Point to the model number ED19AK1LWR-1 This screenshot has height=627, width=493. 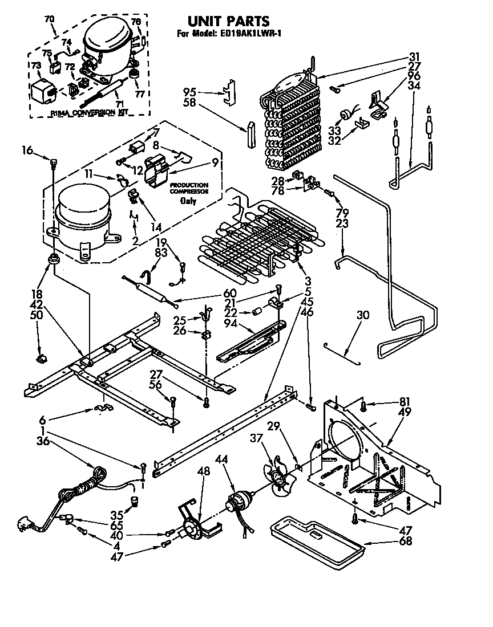click(x=250, y=34)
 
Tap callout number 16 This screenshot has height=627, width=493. click(x=27, y=150)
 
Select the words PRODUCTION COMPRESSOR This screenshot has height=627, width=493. click(x=188, y=189)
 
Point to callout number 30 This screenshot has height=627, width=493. click(x=363, y=315)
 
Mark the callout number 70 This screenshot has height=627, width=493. click(x=50, y=19)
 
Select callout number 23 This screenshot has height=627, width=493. click(x=342, y=224)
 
